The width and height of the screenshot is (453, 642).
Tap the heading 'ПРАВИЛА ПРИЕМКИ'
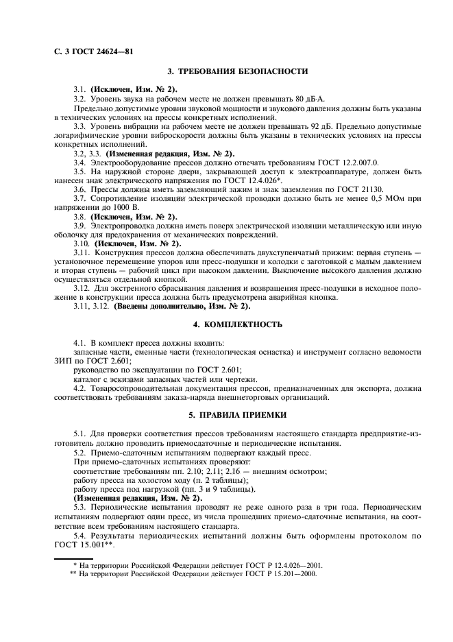coord(238,415)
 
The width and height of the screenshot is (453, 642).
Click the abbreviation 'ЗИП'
coord(66,360)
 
